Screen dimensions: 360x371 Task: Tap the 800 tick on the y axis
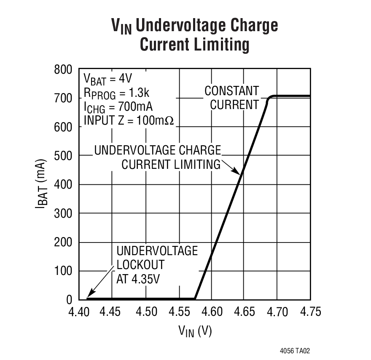(63, 69)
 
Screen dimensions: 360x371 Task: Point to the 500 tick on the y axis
(63, 156)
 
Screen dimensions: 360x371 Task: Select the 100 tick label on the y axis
(63, 271)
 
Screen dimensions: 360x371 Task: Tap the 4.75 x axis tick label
(310, 312)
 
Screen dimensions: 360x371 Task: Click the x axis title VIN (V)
(194, 331)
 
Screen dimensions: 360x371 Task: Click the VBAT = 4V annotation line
(108, 79)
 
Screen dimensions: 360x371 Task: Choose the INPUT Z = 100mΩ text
(129, 120)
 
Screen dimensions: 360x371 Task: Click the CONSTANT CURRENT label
(232, 98)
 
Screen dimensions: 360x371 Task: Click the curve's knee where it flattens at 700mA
(270, 98)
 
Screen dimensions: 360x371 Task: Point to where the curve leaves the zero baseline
(195, 299)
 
